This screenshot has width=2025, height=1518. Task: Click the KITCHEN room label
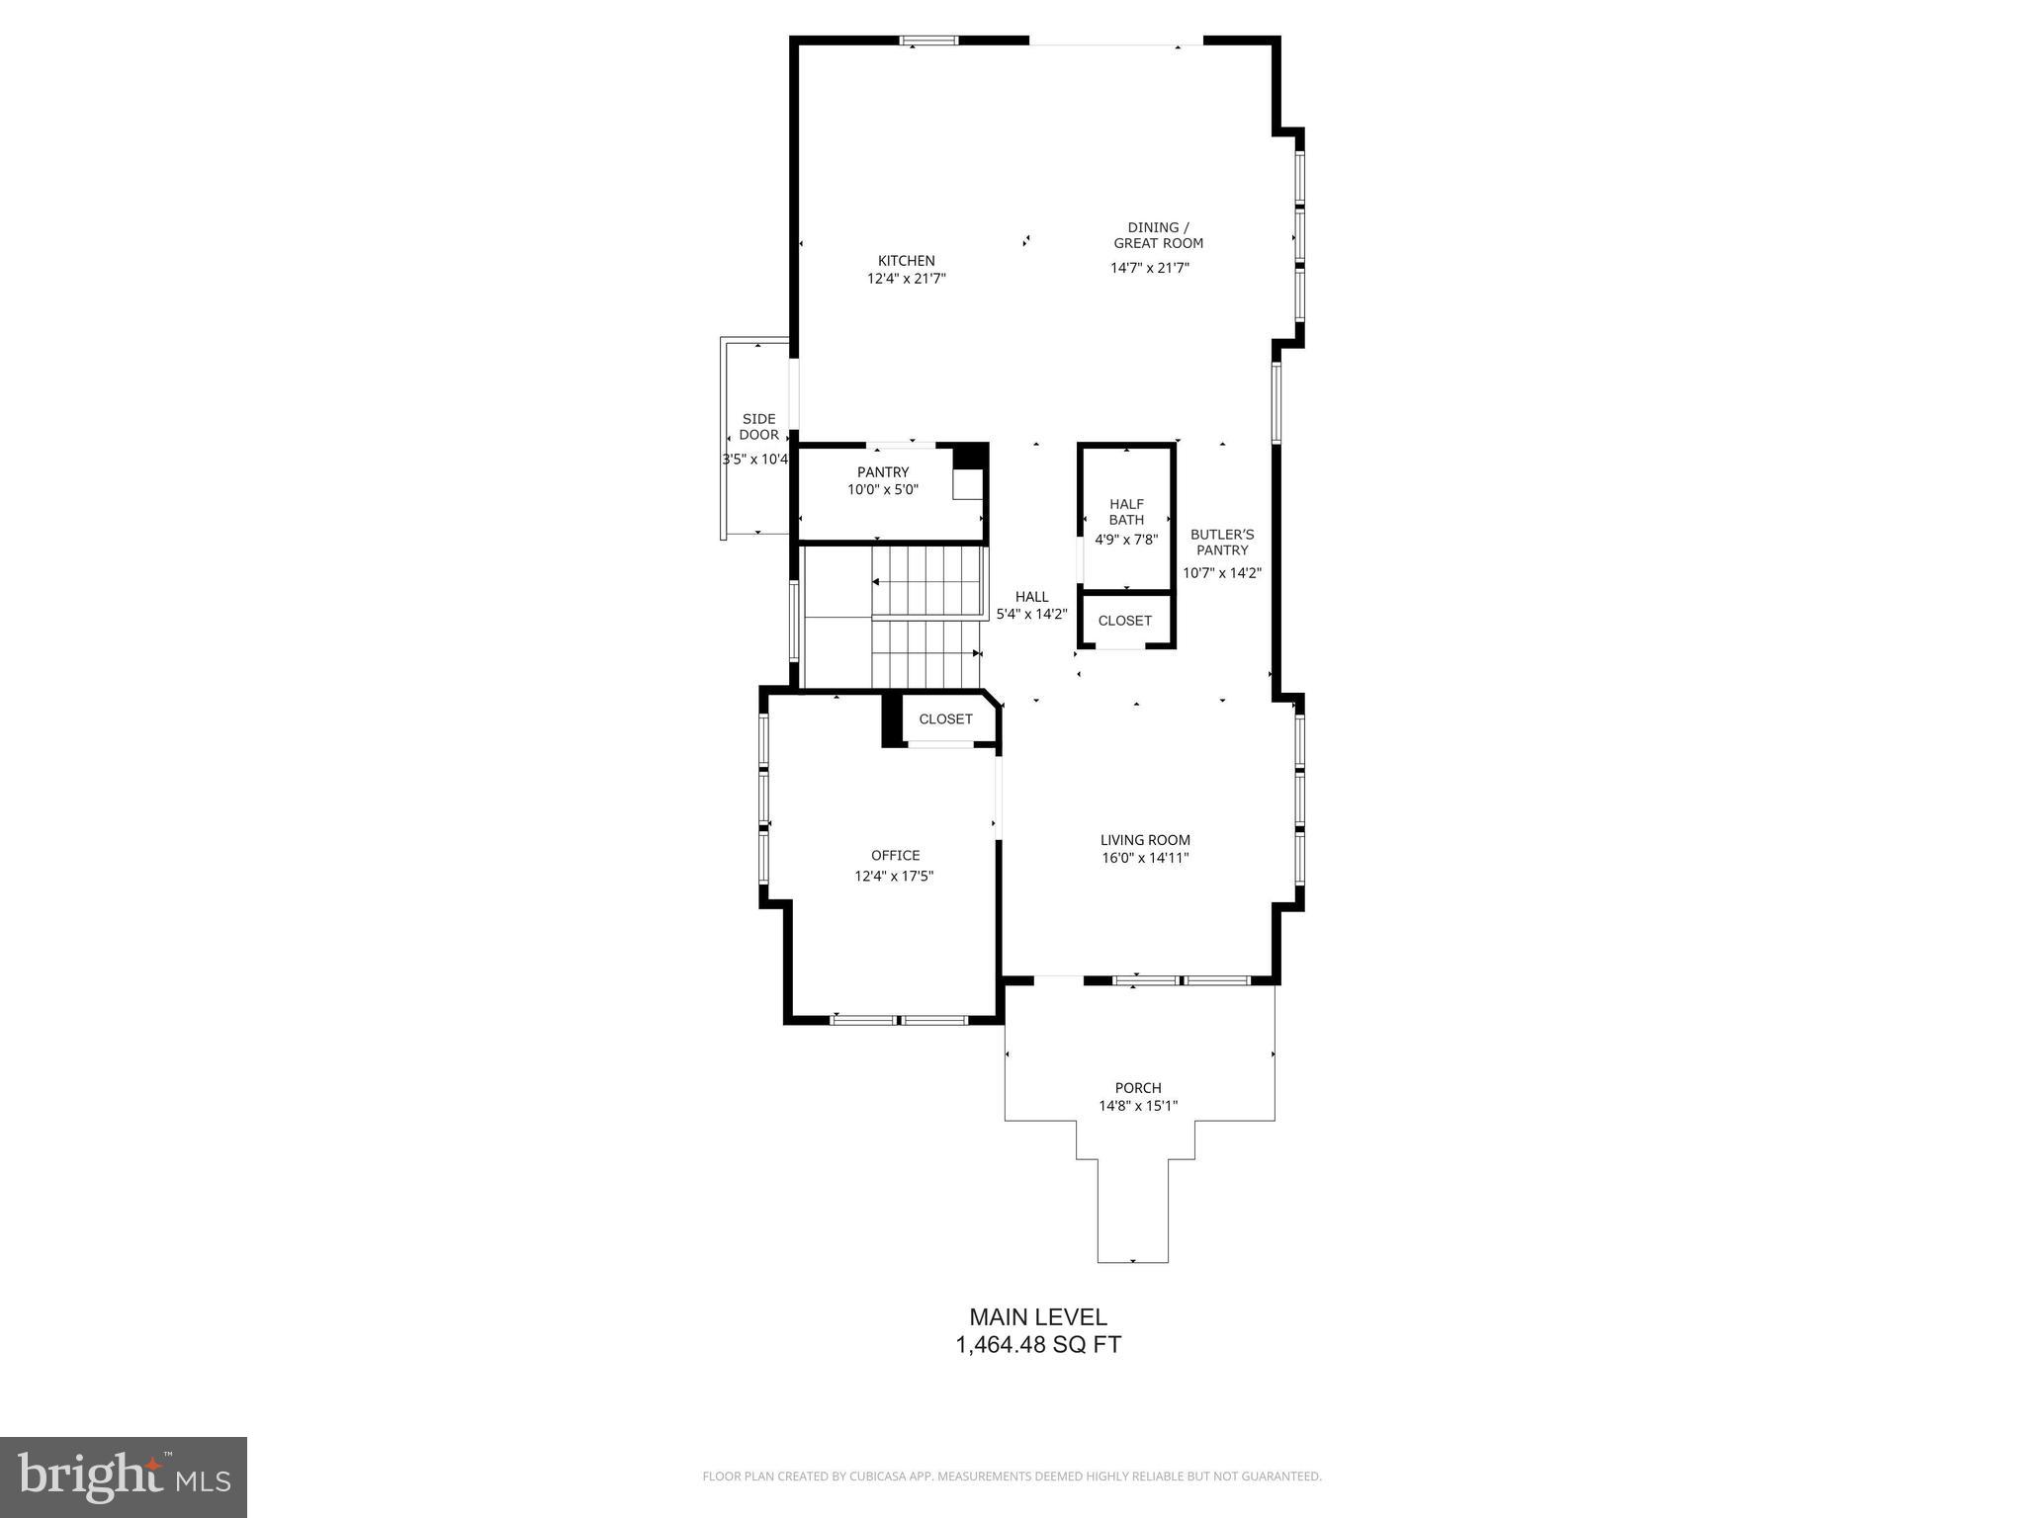(906, 261)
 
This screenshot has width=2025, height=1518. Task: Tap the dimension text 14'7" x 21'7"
(1149, 268)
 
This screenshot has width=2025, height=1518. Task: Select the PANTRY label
(882, 472)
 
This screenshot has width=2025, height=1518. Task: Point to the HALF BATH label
(1126, 512)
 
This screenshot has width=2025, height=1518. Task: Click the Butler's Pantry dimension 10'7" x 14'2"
(1222, 573)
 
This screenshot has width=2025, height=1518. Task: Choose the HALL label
(1031, 597)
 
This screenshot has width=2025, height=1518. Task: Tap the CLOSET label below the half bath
(1124, 621)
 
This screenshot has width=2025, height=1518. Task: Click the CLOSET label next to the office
(945, 719)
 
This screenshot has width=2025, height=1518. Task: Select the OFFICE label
(895, 856)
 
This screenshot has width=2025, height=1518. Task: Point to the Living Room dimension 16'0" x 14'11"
(1145, 858)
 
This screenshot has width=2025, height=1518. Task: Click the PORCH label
(1137, 1088)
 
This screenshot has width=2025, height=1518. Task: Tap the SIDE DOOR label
(758, 427)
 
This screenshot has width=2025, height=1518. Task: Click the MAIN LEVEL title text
(1037, 1316)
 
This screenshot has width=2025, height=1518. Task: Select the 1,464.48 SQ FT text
(1037, 1345)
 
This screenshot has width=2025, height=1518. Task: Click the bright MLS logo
(124, 1476)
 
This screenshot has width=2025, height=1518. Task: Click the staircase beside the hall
(927, 618)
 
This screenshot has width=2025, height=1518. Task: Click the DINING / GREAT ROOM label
(1158, 235)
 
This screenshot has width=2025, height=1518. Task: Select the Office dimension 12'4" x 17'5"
(894, 877)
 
